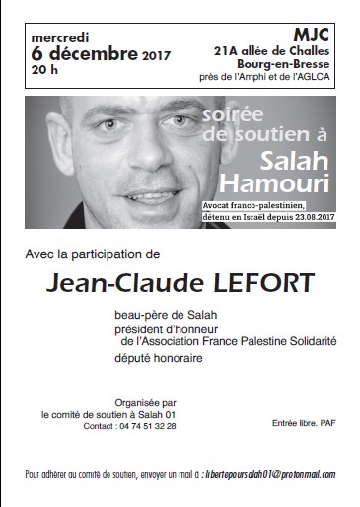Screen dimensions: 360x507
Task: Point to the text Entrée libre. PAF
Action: point(304,424)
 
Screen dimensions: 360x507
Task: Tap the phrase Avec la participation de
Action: point(88,254)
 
